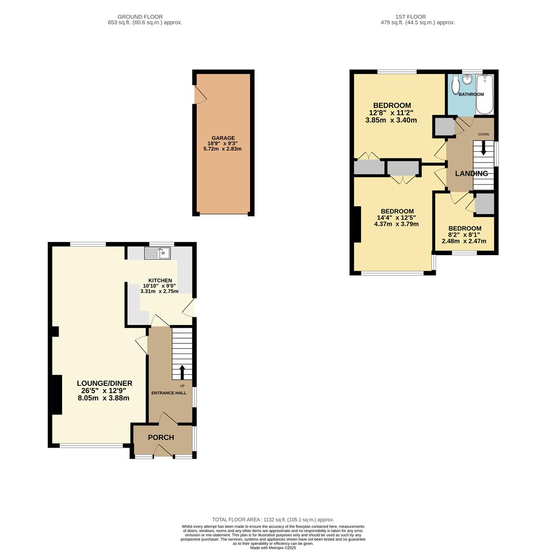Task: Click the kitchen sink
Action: tap(157, 253)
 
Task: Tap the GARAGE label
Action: tap(223, 138)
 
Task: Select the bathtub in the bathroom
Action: tap(484, 94)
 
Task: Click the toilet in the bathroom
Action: tap(455, 85)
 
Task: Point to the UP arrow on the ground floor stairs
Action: tap(182, 372)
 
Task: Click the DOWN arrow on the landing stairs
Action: tap(483, 148)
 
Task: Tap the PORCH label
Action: tap(161, 437)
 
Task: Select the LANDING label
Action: tap(471, 174)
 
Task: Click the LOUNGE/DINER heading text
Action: tap(104, 383)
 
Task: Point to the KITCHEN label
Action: tap(160, 281)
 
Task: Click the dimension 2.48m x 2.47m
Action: tap(463, 241)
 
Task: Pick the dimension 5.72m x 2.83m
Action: tap(222, 149)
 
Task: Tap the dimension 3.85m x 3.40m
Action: tap(391, 121)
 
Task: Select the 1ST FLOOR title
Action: tap(410, 17)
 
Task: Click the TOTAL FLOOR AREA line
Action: tap(273, 520)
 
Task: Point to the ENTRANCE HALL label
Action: tap(169, 393)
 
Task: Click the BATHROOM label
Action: tap(471, 95)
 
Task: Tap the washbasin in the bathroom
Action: tap(468, 79)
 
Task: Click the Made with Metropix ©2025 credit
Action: tap(273, 547)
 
